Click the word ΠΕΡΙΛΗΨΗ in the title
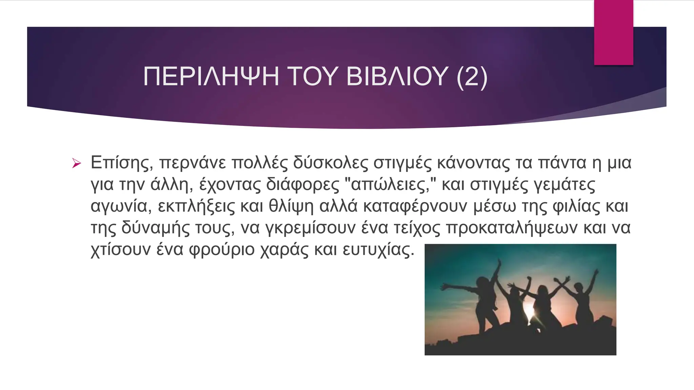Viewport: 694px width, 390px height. pos(211,77)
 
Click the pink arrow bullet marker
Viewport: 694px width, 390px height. pos(77,164)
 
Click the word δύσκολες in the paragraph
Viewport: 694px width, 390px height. pos(330,163)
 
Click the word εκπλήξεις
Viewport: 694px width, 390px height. pos(196,207)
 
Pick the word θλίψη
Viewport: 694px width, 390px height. pos(291,207)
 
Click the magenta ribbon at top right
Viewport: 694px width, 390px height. pos(613,32)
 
